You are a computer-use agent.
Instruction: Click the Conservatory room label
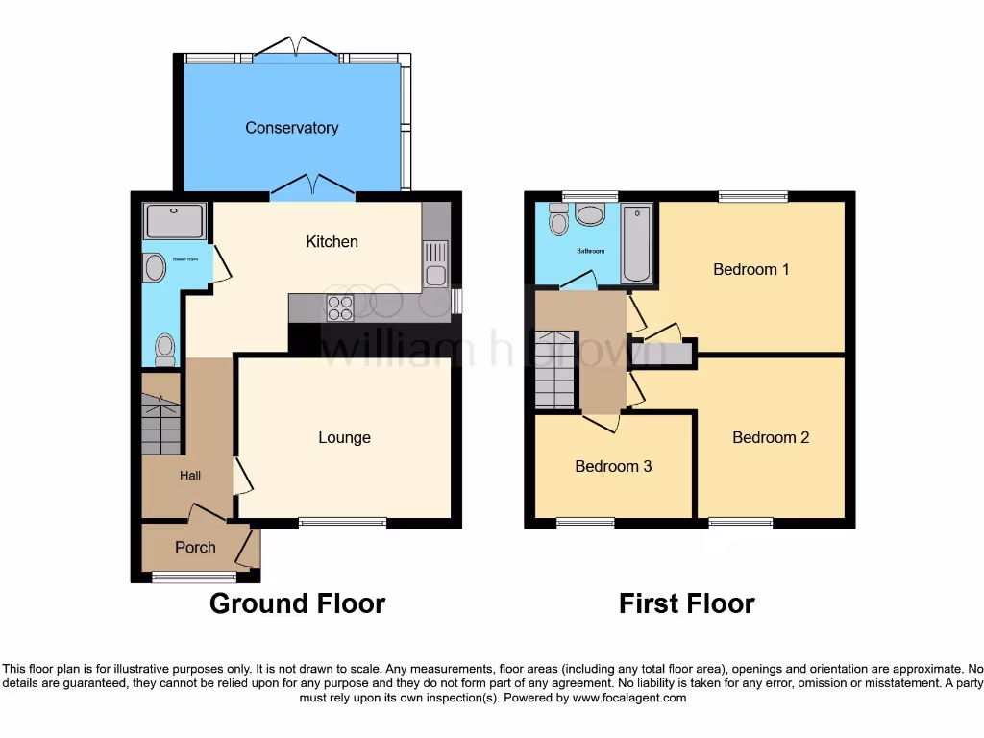click(291, 128)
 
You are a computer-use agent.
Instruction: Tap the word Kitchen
click(332, 242)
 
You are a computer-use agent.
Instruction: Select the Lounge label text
click(344, 438)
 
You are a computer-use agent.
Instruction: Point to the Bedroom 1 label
click(750, 269)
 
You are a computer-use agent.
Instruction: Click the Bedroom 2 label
click(770, 437)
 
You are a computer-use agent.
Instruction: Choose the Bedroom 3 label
click(613, 467)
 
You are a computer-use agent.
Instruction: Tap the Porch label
click(195, 548)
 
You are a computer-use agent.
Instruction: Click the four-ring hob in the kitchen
click(340, 307)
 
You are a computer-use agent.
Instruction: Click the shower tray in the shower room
click(174, 221)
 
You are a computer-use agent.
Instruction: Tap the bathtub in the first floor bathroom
click(635, 244)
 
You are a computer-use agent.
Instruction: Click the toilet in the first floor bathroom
click(557, 222)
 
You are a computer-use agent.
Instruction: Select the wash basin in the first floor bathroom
click(590, 214)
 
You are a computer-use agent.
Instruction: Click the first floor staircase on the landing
click(554, 369)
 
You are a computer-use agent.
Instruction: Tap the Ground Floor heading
click(297, 603)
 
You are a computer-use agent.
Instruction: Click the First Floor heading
click(686, 603)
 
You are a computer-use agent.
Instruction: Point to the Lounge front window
click(342, 523)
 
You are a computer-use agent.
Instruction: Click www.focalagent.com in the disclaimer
click(628, 698)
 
